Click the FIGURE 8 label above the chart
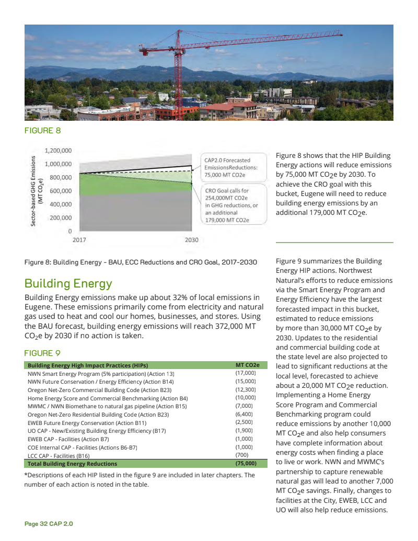[43, 131]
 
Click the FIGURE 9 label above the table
[43, 353]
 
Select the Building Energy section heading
[68, 284]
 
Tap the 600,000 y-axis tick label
[60, 191]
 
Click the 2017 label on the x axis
[79, 240]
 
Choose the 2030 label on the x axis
[192, 240]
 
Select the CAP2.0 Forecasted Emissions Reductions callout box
[234, 167]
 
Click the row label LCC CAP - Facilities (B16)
[64, 456]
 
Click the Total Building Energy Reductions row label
[72, 464]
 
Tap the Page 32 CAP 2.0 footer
[49, 524]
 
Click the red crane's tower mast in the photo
[179, 73]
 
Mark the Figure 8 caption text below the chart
[141, 261]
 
